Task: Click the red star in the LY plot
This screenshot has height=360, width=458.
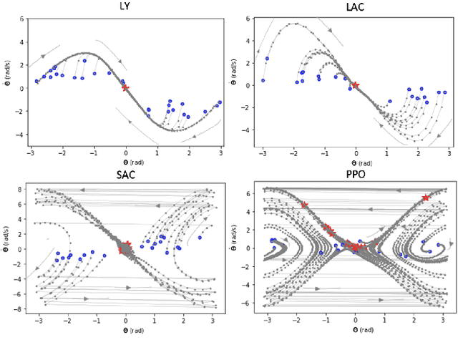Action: coord(125,87)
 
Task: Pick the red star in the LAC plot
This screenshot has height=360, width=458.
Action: coord(355,85)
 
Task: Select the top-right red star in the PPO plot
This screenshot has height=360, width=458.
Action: coord(427,198)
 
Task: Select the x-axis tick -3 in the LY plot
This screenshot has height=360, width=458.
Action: coord(31,153)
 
